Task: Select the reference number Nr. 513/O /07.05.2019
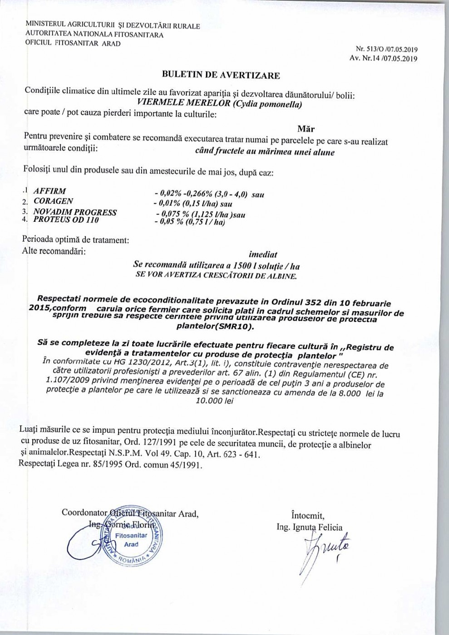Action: point(387,49)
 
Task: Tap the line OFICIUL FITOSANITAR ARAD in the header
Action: point(73,44)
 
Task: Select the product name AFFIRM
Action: point(49,191)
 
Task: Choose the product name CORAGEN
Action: point(53,201)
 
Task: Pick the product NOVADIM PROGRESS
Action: point(75,212)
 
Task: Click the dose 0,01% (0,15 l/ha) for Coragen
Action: point(193,204)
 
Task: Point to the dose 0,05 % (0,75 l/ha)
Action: point(190,222)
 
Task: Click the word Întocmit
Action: point(308,515)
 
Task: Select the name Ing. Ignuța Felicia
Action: point(310,527)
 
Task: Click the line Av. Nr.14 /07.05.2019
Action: point(384,58)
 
